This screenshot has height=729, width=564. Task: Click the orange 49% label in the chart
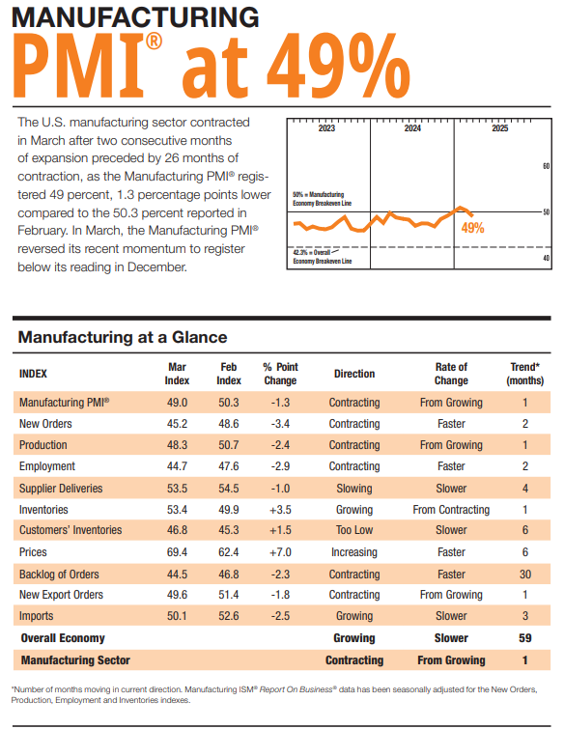pos(472,229)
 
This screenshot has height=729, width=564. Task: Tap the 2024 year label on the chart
pos(412,128)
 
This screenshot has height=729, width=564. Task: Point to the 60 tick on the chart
pos(546,166)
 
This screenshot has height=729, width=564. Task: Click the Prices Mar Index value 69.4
pos(177,551)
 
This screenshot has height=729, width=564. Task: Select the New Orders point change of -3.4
pos(280,424)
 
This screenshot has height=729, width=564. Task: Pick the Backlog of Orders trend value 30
pos(525,573)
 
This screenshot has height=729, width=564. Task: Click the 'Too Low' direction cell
pos(354,530)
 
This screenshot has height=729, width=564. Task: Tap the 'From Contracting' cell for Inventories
pos(451,509)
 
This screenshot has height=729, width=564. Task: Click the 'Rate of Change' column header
pos(451,373)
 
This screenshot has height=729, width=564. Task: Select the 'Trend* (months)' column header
pos(525,373)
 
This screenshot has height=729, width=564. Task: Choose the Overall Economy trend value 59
pos(525,638)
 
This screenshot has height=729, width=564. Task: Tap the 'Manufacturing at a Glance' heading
pos(123,337)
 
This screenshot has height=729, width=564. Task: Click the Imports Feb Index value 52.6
pos(229,615)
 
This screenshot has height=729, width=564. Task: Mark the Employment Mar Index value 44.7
pos(177,466)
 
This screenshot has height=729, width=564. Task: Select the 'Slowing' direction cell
pos(354,488)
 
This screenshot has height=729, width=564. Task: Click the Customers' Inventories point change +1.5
pos(280,530)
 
